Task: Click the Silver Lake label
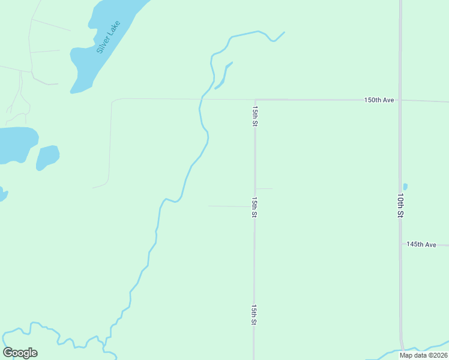tap(109, 38)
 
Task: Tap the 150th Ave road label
tap(379, 100)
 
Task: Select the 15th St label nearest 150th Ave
tap(255, 116)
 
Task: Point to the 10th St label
tap(400, 205)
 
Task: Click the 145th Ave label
tap(421, 245)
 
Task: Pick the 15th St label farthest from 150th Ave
tap(255, 315)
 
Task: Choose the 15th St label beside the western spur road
tap(255, 206)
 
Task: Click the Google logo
tap(20, 353)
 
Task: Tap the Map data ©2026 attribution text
tap(423, 355)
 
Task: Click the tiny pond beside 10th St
tap(405, 187)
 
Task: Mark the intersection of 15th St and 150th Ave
tap(255, 100)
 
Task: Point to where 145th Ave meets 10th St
tap(400, 245)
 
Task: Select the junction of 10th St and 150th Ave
tap(400, 100)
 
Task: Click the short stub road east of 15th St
tap(264, 189)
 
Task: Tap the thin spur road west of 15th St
tap(228, 206)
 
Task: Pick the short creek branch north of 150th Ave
tap(224, 75)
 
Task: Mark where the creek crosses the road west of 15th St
tap(200, 99)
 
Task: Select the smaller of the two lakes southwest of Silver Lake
tap(47, 157)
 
